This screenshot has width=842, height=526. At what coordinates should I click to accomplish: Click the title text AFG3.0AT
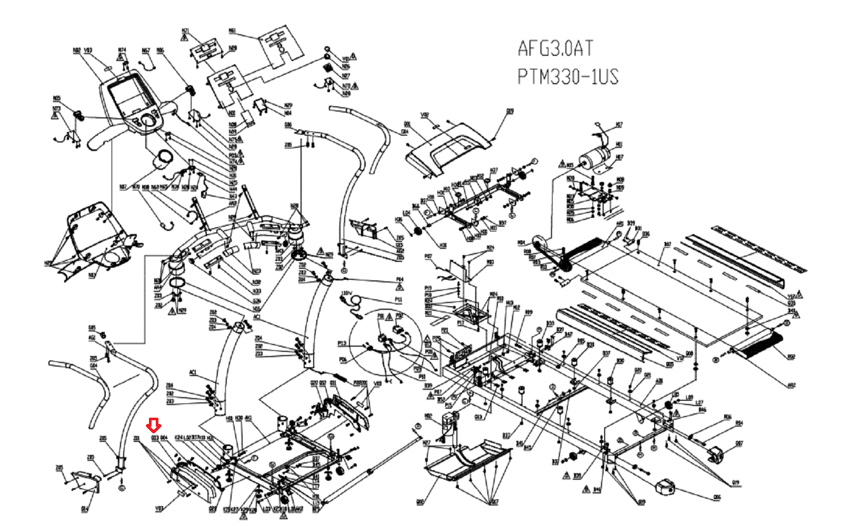click(x=555, y=48)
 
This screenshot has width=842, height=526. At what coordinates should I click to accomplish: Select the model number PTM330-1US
click(x=567, y=77)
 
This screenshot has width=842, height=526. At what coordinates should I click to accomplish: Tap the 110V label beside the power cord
click(x=346, y=293)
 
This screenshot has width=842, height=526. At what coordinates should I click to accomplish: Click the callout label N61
click(x=232, y=31)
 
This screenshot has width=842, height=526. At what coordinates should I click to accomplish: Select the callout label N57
click(x=146, y=50)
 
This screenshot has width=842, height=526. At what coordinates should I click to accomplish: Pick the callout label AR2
click(x=791, y=386)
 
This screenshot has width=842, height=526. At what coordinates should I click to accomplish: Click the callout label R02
click(x=791, y=357)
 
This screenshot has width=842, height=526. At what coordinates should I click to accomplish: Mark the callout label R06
click(x=727, y=417)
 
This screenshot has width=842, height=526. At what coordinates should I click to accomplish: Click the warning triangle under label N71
click(x=185, y=38)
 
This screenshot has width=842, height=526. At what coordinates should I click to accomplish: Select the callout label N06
click(x=570, y=220)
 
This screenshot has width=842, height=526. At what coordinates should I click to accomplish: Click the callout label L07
click(x=699, y=403)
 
